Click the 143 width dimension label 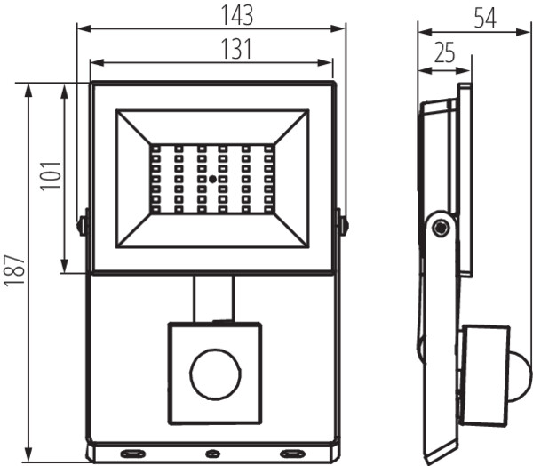(237, 15)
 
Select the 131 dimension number (236, 49)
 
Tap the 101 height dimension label (51, 176)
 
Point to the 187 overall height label (14, 269)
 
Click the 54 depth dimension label (485, 18)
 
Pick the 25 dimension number (445, 52)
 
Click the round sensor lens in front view (215, 374)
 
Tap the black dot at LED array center (213, 179)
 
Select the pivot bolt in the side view (441, 227)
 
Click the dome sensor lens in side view (519, 374)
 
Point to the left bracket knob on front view (82, 225)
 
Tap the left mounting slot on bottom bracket (133, 453)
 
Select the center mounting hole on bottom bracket (213, 453)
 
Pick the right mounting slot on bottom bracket (291, 453)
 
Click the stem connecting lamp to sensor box (214, 298)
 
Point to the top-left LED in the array (156, 149)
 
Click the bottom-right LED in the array (268, 208)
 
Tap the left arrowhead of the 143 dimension (84, 28)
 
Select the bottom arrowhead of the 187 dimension (28, 454)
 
